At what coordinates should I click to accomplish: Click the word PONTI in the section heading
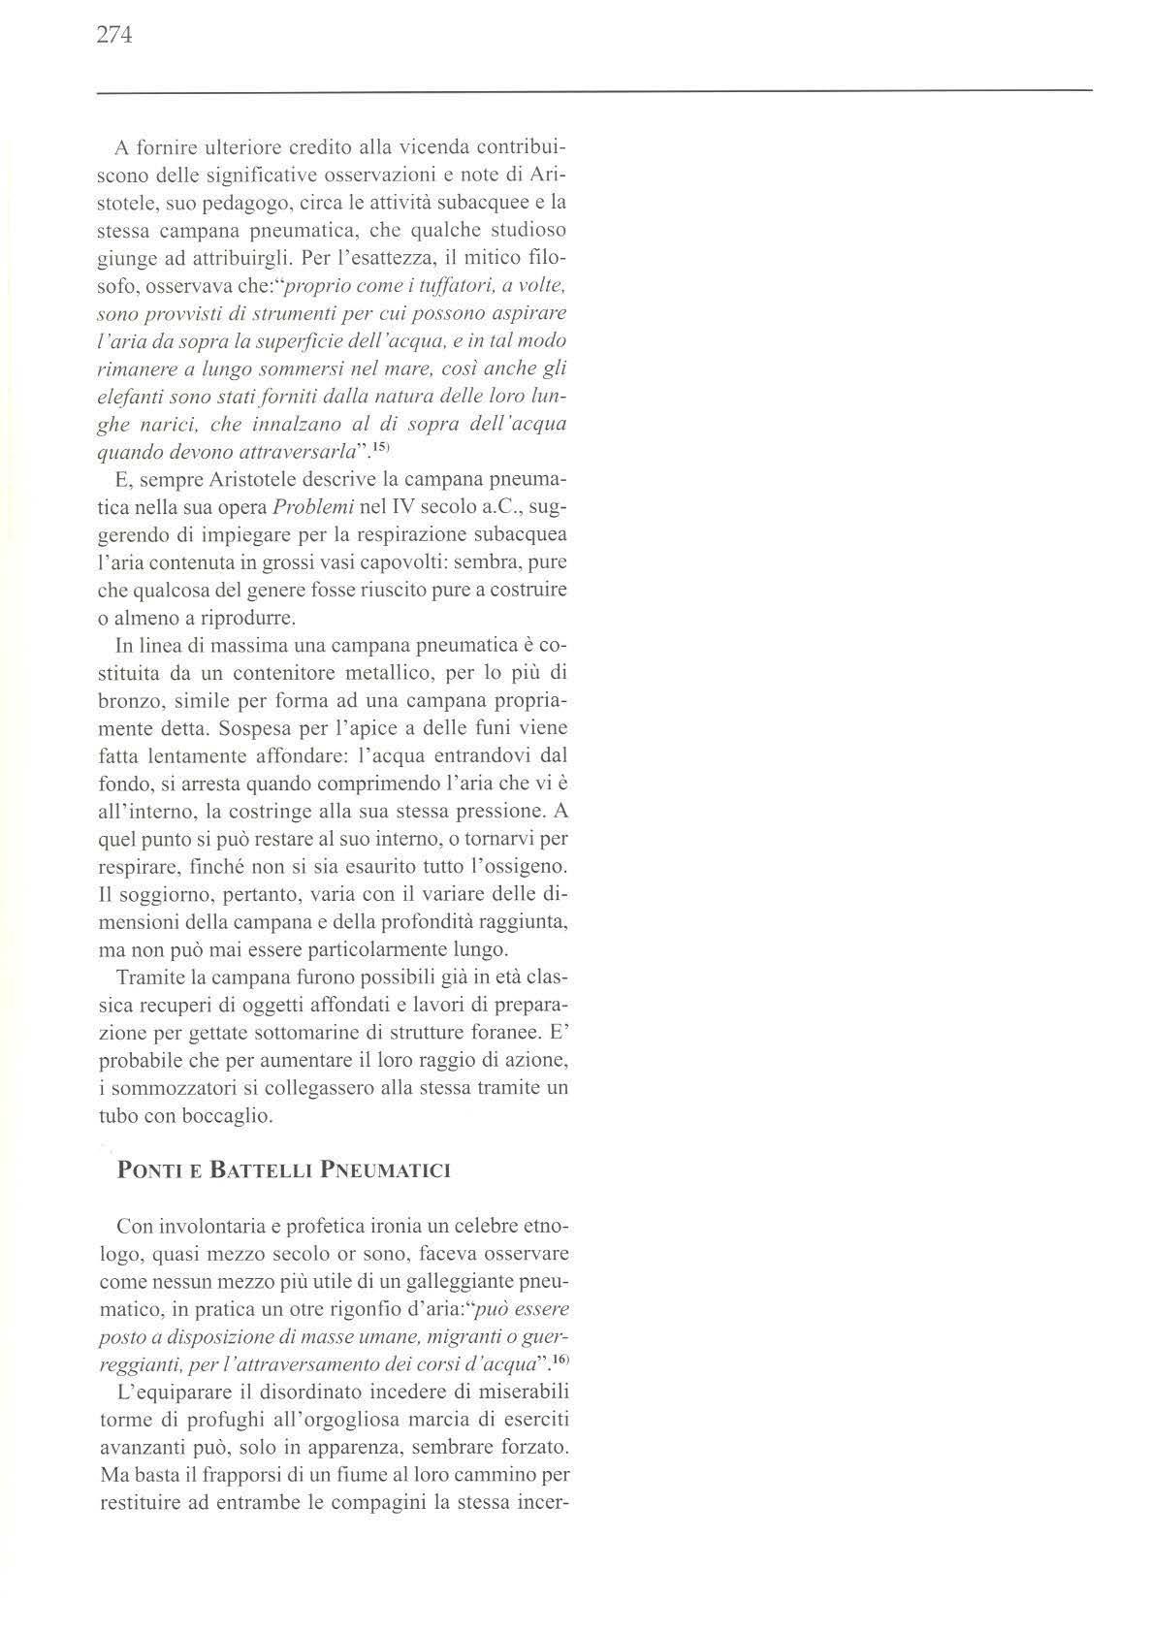pyautogui.click(x=145, y=1170)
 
